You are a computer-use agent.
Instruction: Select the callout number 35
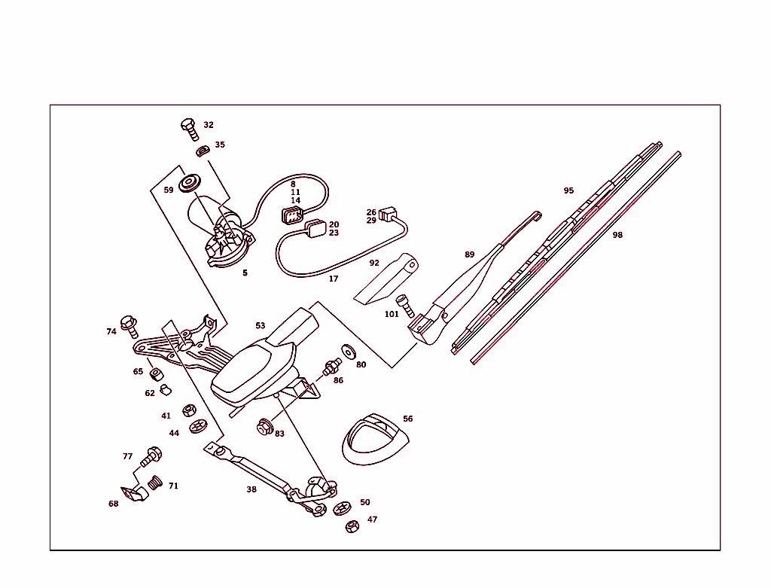(220, 145)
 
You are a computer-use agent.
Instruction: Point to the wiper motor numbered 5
(220, 230)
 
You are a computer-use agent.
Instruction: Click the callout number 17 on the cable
(334, 279)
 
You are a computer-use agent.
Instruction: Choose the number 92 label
(374, 264)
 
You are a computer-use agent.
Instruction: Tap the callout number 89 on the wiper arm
(470, 254)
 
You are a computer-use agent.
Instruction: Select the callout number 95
(568, 190)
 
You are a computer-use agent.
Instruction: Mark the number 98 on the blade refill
(617, 235)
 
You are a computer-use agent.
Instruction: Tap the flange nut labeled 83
(264, 427)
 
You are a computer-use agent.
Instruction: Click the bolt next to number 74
(130, 325)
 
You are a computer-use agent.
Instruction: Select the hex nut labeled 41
(190, 412)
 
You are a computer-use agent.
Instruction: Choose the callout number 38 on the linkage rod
(251, 489)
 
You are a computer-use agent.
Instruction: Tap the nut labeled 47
(351, 526)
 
